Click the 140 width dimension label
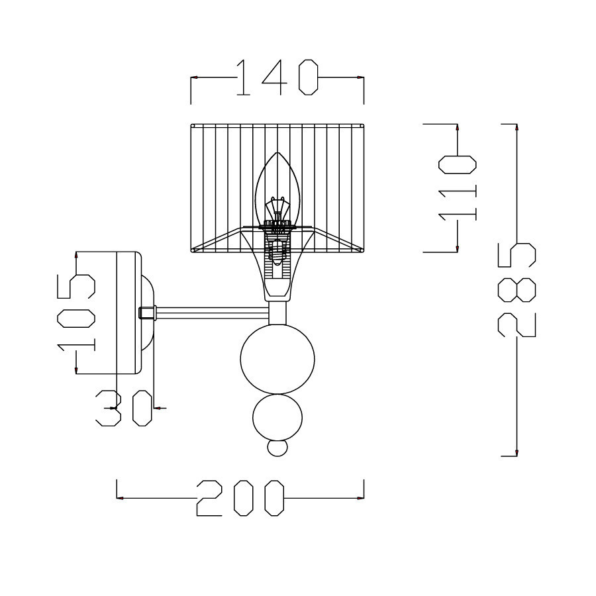(x=277, y=77)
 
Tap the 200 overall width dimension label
(x=240, y=498)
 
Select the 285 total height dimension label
(x=517, y=290)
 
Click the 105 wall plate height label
(x=76, y=313)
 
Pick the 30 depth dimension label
(x=124, y=408)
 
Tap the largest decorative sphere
(x=277, y=359)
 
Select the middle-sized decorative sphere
(x=277, y=418)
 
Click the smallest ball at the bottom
(x=277, y=448)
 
